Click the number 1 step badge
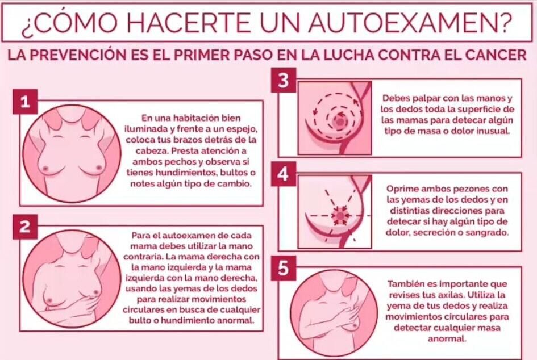tap(25, 101)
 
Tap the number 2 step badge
tap(25, 227)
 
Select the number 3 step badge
tap(284, 81)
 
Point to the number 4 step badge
tap(284, 174)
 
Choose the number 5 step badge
tap(284, 268)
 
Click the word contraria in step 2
tap(137, 257)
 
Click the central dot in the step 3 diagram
tap(339, 120)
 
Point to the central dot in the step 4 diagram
tap(340, 215)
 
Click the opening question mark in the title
tap(27, 25)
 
